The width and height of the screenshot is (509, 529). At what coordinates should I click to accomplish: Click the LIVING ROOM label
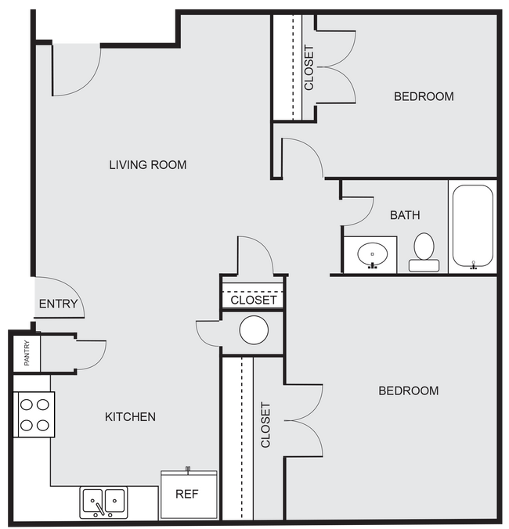pos(147,164)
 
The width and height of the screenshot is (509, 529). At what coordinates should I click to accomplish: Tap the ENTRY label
pos(58,304)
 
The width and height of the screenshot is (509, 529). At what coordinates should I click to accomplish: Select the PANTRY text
pos(26,353)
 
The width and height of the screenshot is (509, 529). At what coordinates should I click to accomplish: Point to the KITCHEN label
pos(130,416)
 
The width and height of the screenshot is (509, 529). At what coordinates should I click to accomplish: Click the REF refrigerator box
pos(189,495)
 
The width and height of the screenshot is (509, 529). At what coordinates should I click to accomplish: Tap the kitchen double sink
pos(104,501)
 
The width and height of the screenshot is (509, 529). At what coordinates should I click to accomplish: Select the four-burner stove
pos(34,415)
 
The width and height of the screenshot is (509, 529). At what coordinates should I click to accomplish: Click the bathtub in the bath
pos(472,226)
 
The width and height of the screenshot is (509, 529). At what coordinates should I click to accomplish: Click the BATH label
pos(405,214)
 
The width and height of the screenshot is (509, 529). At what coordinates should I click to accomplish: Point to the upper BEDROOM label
pos(424,96)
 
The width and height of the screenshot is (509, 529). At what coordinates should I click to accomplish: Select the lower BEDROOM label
pos(408,390)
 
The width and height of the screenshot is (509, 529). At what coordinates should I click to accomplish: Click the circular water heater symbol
pos(254,330)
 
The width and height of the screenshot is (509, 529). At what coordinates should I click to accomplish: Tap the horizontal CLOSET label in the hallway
pos(253,300)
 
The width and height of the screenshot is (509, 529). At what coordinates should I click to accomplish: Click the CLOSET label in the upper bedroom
pos(309,67)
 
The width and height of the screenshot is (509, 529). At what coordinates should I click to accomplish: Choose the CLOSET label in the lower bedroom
pos(265,425)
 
